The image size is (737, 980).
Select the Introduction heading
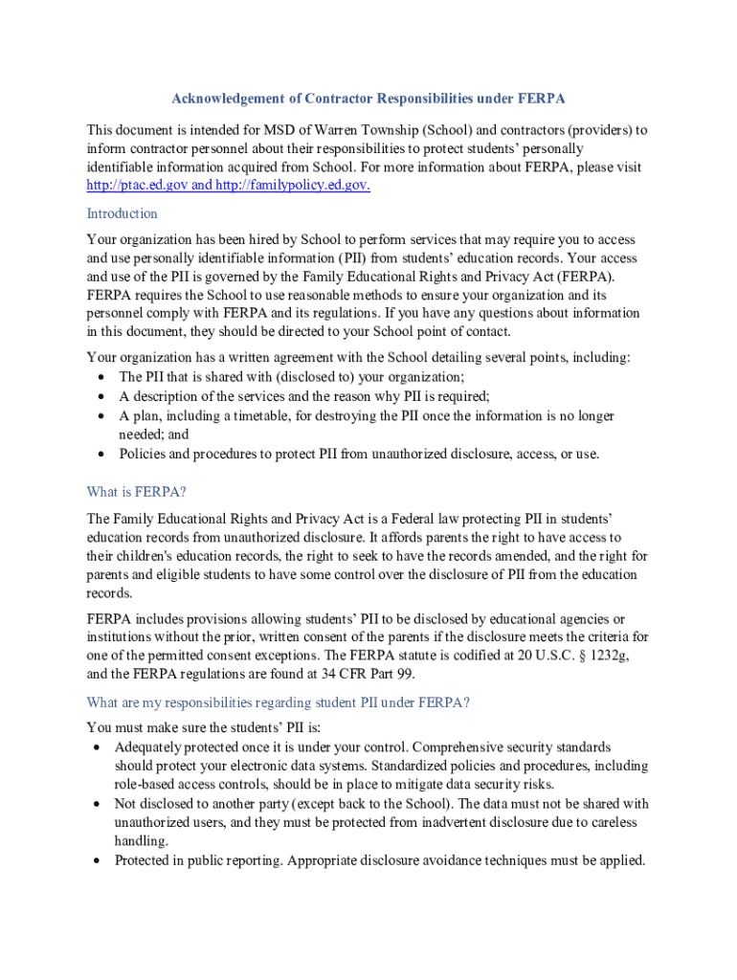click(122, 213)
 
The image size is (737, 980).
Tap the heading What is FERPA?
click(136, 492)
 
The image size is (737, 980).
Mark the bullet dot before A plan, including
click(101, 417)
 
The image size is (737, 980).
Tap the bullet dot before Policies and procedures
click(101, 455)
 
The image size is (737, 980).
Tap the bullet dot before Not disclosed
click(99, 805)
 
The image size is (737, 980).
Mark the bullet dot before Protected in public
click(99, 861)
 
